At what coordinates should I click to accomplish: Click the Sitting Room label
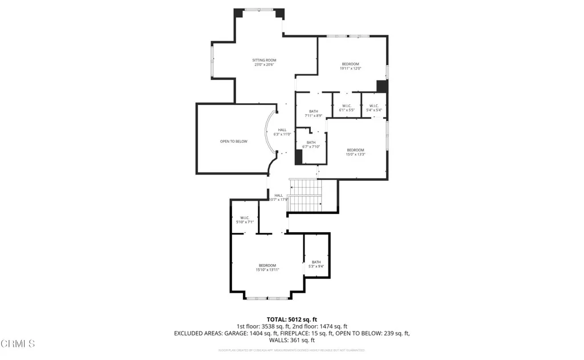coord(264,62)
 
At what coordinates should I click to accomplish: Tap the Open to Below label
coord(234,141)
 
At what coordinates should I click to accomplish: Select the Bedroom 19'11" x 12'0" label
coord(350,66)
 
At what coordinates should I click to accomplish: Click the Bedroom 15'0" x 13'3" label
coord(355,152)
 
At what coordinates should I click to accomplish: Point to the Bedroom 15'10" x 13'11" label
coord(267,268)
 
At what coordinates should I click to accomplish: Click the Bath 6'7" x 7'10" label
coord(311,144)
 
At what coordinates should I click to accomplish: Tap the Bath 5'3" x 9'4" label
coord(316,264)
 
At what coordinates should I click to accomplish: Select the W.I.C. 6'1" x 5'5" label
coord(347,107)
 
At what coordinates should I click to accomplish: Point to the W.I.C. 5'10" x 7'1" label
coord(245,220)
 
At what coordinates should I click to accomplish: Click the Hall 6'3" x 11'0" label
coord(282,132)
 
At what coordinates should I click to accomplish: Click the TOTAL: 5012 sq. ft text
coord(292,319)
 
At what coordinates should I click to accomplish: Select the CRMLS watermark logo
coord(18,343)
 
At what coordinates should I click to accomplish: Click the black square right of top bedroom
coord(382,86)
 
